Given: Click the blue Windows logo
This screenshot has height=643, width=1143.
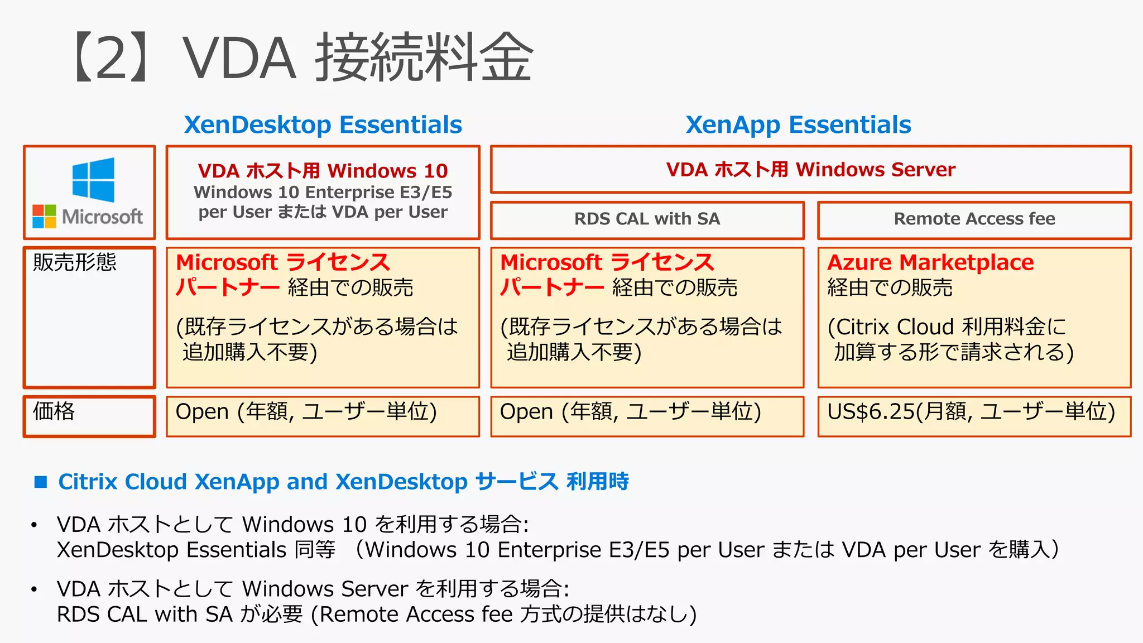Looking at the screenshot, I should pyautogui.click(x=93, y=179).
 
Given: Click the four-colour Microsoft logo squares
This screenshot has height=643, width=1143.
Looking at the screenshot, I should pyautogui.click(x=44, y=216).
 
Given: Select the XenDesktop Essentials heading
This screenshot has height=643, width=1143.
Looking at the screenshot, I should pyautogui.click(x=323, y=124).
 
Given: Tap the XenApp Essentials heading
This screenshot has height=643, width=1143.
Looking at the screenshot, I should pyautogui.click(x=798, y=124).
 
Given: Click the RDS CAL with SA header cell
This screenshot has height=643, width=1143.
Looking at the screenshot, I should pyautogui.click(x=647, y=219).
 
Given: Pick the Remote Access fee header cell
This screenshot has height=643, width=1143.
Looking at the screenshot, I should pyautogui.click(x=974, y=219).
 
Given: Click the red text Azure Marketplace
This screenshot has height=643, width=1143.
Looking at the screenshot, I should pyautogui.click(x=930, y=262).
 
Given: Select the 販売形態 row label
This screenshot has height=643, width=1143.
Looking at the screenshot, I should pyautogui.click(x=75, y=262).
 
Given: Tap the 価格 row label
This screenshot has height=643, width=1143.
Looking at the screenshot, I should pyautogui.click(x=54, y=411).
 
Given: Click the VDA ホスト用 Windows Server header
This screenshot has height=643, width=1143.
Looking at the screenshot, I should pyautogui.click(x=810, y=169).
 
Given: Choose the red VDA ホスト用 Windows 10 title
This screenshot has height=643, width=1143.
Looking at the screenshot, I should pyautogui.click(x=323, y=170).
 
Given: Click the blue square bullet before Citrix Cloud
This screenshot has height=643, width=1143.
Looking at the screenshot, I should pyautogui.click(x=41, y=482).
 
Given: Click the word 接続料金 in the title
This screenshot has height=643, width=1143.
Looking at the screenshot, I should pyautogui.click(x=424, y=57).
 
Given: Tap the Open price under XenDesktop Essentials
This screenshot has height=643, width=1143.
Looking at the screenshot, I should pyautogui.click(x=201, y=412).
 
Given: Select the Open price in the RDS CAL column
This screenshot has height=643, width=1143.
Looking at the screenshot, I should pyautogui.click(x=526, y=412).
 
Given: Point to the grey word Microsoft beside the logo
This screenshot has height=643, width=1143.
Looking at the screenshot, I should pyautogui.click(x=103, y=217).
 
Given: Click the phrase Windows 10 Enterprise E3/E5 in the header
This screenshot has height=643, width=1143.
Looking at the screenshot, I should pyautogui.click(x=323, y=192).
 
